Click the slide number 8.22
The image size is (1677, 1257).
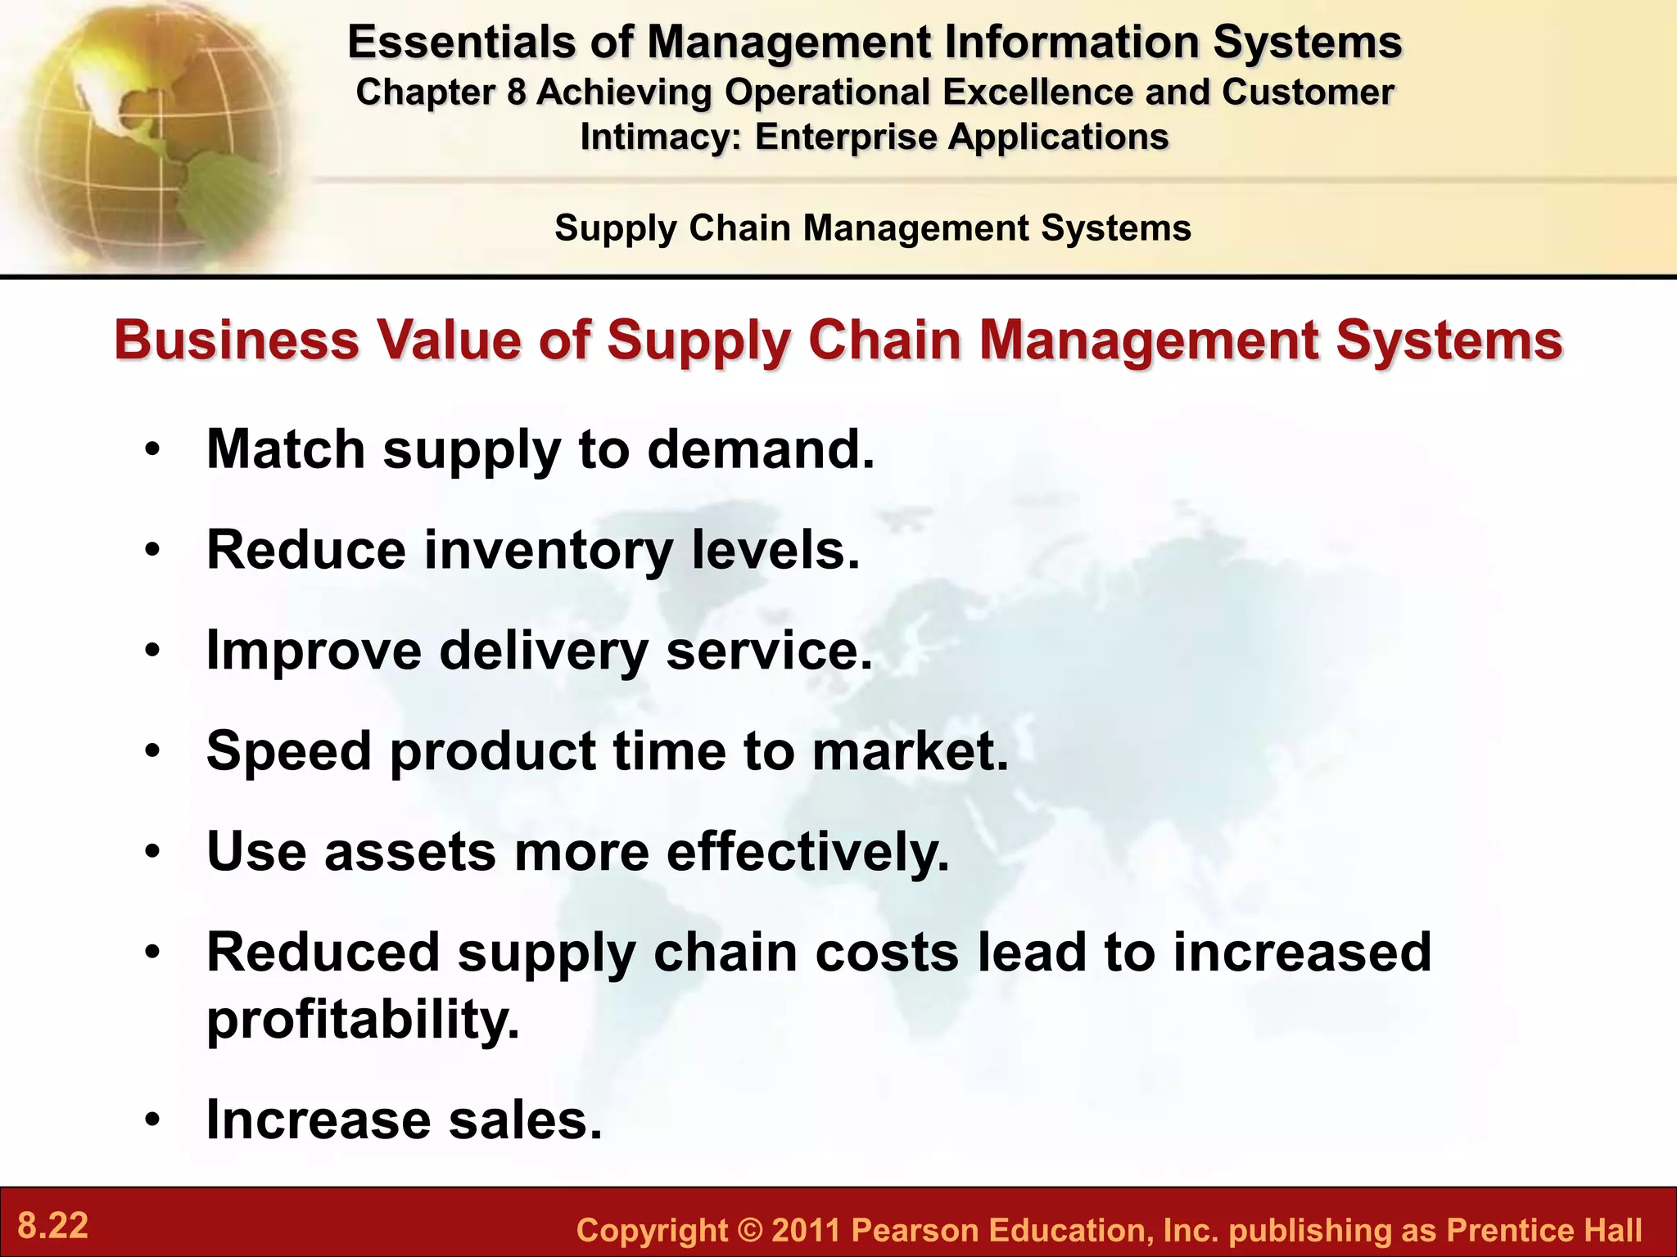point(52,1226)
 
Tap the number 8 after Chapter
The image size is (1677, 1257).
point(516,92)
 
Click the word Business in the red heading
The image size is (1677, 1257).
point(237,340)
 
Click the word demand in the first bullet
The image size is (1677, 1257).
point(760,449)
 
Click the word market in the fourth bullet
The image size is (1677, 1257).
point(909,750)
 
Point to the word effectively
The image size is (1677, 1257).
point(807,852)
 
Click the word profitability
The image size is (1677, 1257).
point(363,1020)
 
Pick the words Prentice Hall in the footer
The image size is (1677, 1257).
point(1544,1230)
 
